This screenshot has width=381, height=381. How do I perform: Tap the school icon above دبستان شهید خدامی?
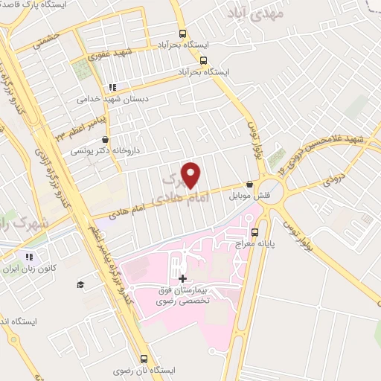pyautogui.click(x=113, y=86)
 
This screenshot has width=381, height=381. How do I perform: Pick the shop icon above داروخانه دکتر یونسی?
pyautogui.click(x=106, y=138)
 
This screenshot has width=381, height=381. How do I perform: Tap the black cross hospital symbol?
pyautogui.click(x=183, y=278)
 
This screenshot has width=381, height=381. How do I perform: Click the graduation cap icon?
pyautogui.click(x=80, y=284)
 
